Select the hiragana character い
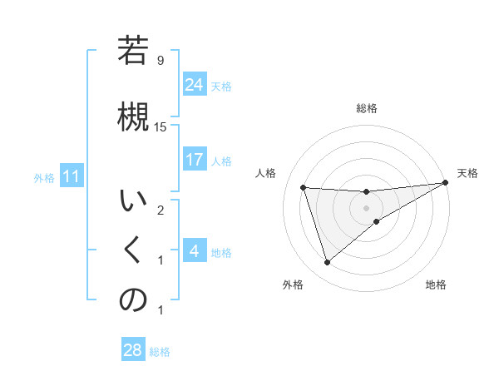click(x=133, y=201)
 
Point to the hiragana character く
click(x=133, y=250)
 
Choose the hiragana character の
click(x=133, y=300)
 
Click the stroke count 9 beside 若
click(x=161, y=61)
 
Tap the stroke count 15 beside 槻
click(x=161, y=126)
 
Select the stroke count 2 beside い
click(x=161, y=210)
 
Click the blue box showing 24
click(x=194, y=84)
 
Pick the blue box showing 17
click(x=194, y=159)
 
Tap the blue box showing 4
click(x=194, y=250)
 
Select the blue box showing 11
click(x=71, y=176)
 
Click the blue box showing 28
click(x=132, y=350)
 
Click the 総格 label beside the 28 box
click(x=160, y=352)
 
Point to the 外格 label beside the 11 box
click(x=44, y=177)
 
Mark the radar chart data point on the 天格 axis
click(x=446, y=183)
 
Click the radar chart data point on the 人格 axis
click(x=304, y=187)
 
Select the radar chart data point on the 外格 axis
click(x=327, y=263)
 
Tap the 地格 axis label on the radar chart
click(x=436, y=285)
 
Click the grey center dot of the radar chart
click(x=366, y=208)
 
